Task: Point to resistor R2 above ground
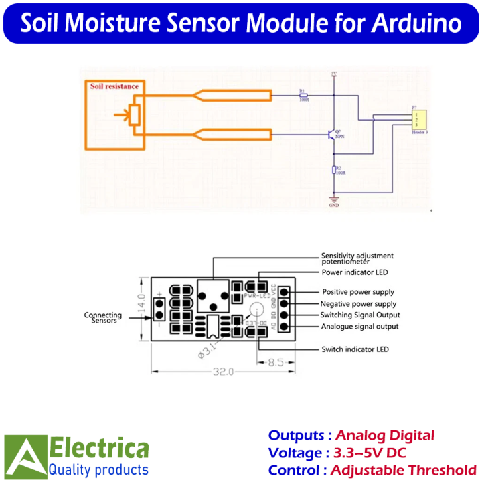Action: coord(334,171)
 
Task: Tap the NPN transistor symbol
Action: coord(331,135)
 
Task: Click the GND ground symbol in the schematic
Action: coord(334,199)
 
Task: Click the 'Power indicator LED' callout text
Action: coord(354,272)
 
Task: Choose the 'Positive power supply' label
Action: coord(358,292)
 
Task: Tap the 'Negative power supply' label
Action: coord(359,304)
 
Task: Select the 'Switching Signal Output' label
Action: coord(359,315)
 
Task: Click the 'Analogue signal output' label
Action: coord(359,326)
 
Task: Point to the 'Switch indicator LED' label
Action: coord(355,349)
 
